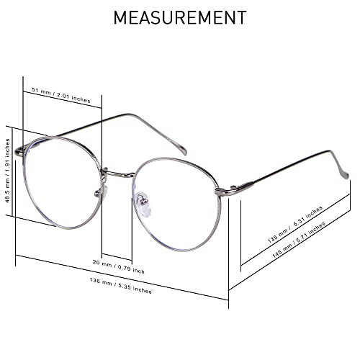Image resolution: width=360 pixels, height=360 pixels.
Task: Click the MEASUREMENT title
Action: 180,17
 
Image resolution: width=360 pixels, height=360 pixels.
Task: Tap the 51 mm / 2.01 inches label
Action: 61,95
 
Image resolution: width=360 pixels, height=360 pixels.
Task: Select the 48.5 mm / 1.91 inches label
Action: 7,171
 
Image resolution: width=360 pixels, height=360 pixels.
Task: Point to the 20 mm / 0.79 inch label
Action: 119,266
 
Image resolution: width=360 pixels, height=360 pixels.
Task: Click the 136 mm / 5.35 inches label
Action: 121,286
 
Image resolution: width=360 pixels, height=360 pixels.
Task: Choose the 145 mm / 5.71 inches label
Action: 299,240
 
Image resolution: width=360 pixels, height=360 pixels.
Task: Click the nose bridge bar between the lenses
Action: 118,174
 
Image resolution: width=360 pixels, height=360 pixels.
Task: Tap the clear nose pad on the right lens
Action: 143,203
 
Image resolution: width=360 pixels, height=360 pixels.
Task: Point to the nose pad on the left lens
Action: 102,191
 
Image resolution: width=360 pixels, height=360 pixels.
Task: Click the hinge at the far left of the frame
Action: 19,151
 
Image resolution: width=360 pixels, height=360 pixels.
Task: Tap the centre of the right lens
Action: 178,204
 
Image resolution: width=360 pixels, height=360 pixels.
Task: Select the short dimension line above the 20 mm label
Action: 117,256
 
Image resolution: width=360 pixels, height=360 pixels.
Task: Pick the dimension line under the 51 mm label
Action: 63,99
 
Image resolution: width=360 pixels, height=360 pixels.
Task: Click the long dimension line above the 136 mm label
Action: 122,277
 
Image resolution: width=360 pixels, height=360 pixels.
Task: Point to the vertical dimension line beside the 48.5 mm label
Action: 12,171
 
